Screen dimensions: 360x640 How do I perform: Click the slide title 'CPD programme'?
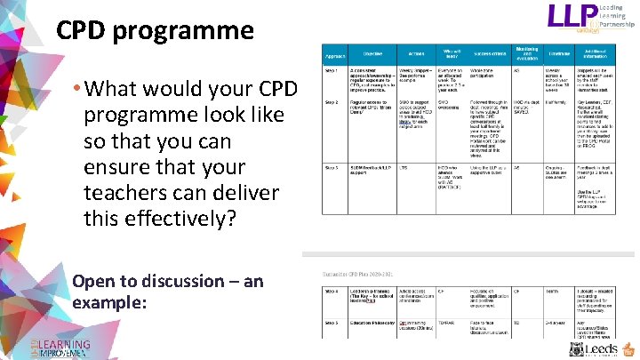[x=155, y=31]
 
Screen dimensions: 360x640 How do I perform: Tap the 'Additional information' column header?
[x=605, y=54]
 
